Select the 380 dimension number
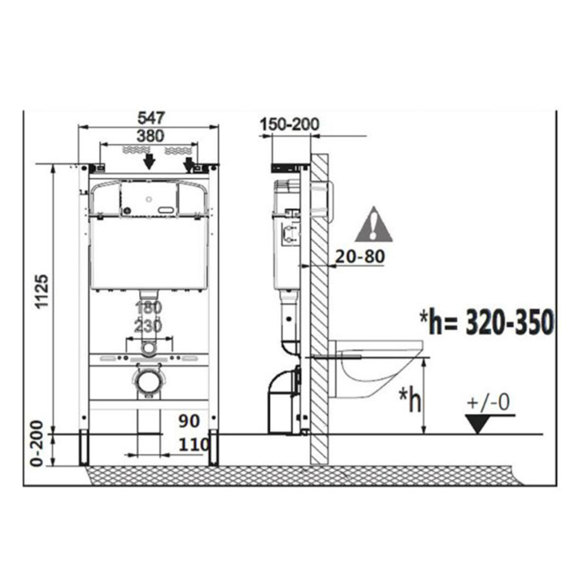151,136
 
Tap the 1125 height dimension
42,291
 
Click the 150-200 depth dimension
290,124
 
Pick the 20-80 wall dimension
360,257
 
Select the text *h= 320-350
486,322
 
